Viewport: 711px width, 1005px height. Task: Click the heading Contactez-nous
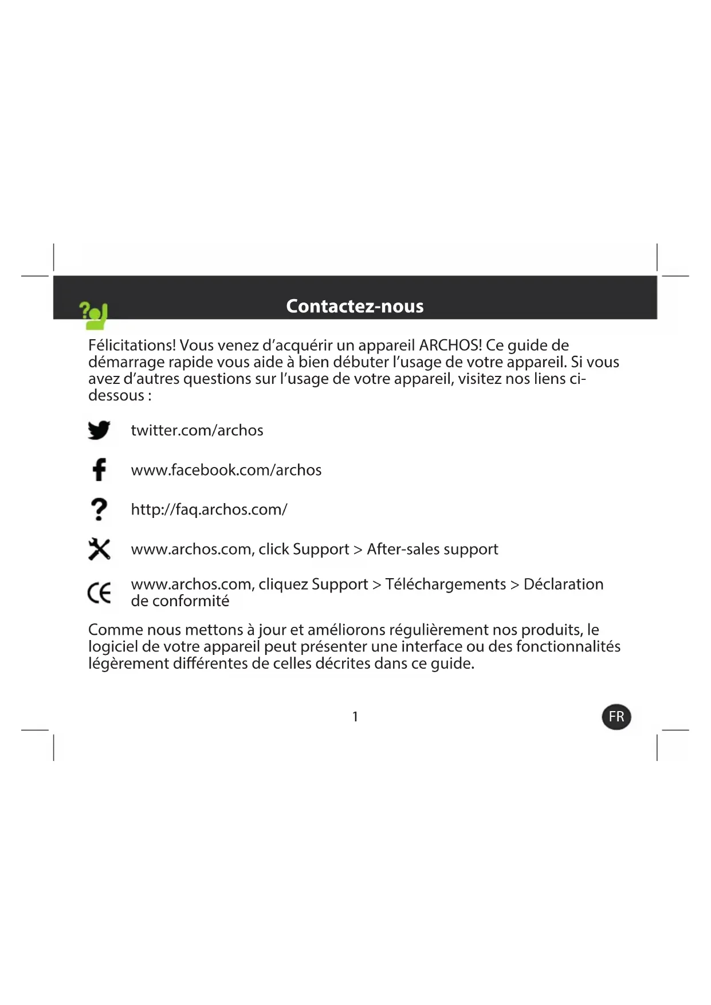tap(355, 306)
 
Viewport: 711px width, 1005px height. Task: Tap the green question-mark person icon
tap(94, 316)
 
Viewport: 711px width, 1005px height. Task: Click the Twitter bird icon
tap(99, 430)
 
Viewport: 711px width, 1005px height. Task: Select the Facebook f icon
tap(99, 469)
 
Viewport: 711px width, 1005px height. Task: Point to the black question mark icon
tap(99, 509)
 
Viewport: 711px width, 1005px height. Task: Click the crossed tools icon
tap(99, 549)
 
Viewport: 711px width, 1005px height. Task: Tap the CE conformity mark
tap(99, 592)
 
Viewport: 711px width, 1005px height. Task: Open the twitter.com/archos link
tap(197, 430)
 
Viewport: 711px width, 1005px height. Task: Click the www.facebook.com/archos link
tap(226, 470)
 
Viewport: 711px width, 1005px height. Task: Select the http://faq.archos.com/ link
tap(209, 509)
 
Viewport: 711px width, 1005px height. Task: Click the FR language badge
tap(616, 717)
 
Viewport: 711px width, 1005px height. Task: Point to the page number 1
tap(355, 717)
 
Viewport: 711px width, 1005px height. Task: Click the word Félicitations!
tap(132, 346)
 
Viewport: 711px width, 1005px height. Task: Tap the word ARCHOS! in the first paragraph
tap(450, 346)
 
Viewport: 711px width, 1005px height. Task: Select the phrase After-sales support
tap(433, 549)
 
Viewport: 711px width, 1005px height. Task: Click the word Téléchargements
tap(446, 584)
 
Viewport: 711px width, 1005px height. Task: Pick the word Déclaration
tap(563, 584)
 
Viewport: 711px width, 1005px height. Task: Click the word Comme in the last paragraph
tap(115, 630)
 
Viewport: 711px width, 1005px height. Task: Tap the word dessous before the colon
tap(116, 395)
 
